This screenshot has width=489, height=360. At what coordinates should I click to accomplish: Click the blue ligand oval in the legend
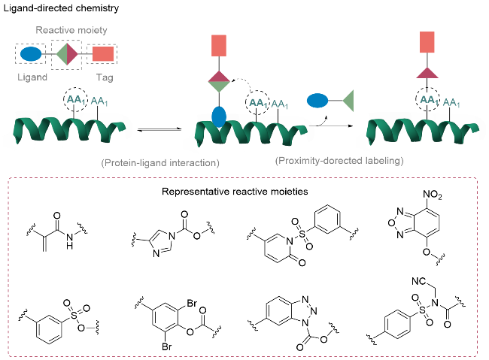pyautogui.click(x=31, y=54)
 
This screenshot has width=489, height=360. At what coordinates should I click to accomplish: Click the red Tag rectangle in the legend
pyautogui.click(x=104, y=54)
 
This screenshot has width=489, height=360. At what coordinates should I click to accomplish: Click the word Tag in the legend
pyautogui.click(x=104, y=77)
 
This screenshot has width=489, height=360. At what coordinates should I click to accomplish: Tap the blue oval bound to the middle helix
pyautogui.click(x=219, y=117)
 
